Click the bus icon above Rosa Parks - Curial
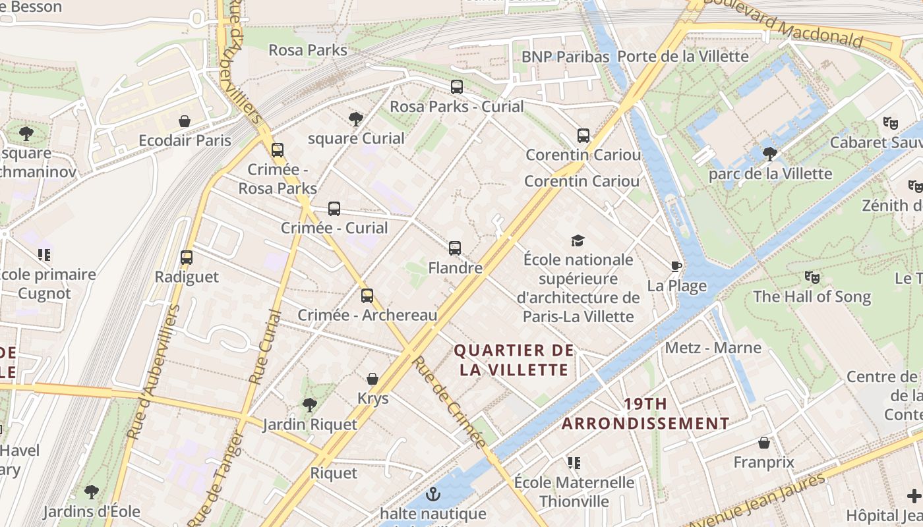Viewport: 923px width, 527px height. click(456, 86)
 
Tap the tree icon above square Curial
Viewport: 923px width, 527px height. click(356, 119)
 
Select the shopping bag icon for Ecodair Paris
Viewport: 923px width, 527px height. click(185, 121)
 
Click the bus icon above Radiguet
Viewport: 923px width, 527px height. click(187, 258)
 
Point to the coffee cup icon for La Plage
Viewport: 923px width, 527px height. click(676, 266)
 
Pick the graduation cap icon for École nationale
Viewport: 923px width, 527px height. click(578, 240)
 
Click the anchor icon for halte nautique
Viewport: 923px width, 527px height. click(433, 493)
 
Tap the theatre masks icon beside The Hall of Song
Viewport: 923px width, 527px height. click(812, 277)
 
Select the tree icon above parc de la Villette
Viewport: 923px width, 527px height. click(769, 154)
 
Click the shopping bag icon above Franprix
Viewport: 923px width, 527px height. click(764, 443)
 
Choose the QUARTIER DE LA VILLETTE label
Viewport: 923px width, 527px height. click(514, 360)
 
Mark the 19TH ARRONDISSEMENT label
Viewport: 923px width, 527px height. click(645, 414)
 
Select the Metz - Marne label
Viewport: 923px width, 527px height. click(713, 348)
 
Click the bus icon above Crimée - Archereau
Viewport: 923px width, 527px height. click(367, 296)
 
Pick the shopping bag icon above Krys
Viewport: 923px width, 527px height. click(372, 379)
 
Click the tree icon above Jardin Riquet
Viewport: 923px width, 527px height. click(309, 404)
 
